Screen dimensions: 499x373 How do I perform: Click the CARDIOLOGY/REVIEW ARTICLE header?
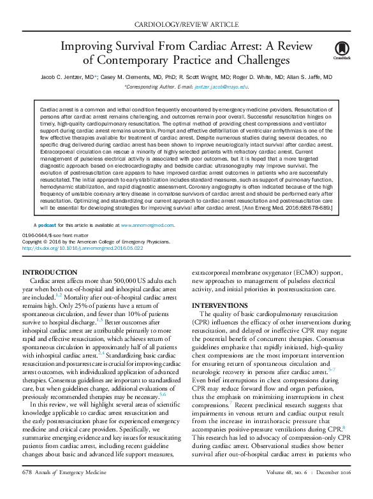(186, 24)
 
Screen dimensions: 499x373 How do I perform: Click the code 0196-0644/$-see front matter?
(54, 236)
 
